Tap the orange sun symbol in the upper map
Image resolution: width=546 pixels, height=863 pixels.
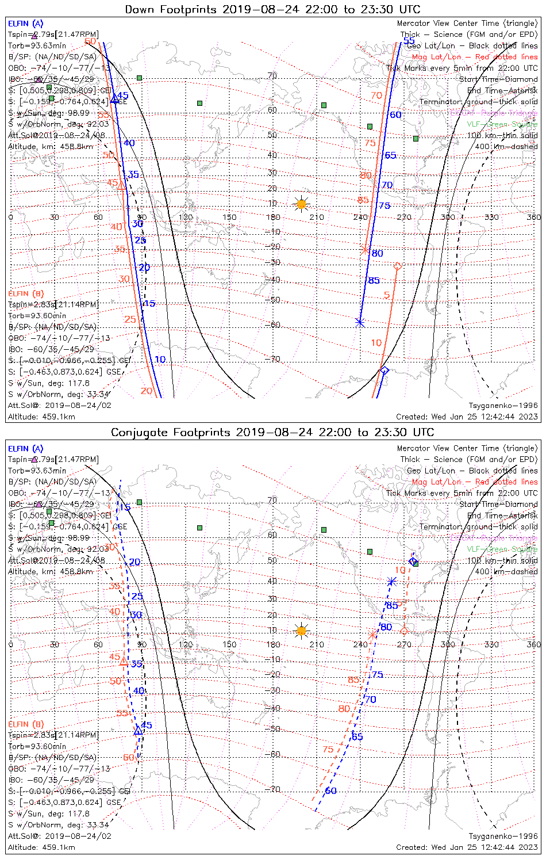click(301, 204)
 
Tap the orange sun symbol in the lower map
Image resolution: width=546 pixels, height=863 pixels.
click(301, 631)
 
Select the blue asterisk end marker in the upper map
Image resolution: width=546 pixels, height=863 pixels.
click(360, 322)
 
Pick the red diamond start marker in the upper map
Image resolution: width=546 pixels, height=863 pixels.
click(397, 266)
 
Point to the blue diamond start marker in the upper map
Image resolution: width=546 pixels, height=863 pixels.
click(384, 370)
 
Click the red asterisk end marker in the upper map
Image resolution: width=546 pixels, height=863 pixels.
click(364, 250)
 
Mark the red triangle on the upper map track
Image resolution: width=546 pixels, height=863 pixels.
click(121, 185)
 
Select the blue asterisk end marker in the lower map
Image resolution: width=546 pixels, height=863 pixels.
click(392, 581)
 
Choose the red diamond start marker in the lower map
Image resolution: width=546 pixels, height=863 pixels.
click(404, 631)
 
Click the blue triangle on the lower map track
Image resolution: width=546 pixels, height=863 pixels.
click(138, 730)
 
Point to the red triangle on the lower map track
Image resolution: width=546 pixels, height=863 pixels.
click(123, 662)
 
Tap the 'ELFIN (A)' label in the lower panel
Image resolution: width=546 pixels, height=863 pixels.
click(26, 448)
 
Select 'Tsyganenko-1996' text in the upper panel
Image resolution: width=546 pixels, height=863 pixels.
click(503, 405)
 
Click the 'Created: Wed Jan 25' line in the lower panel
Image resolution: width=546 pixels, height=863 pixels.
click(467, 847)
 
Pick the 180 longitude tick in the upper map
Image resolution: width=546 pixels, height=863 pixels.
click(273, 217)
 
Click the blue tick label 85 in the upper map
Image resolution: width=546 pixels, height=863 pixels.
click(374, 281)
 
